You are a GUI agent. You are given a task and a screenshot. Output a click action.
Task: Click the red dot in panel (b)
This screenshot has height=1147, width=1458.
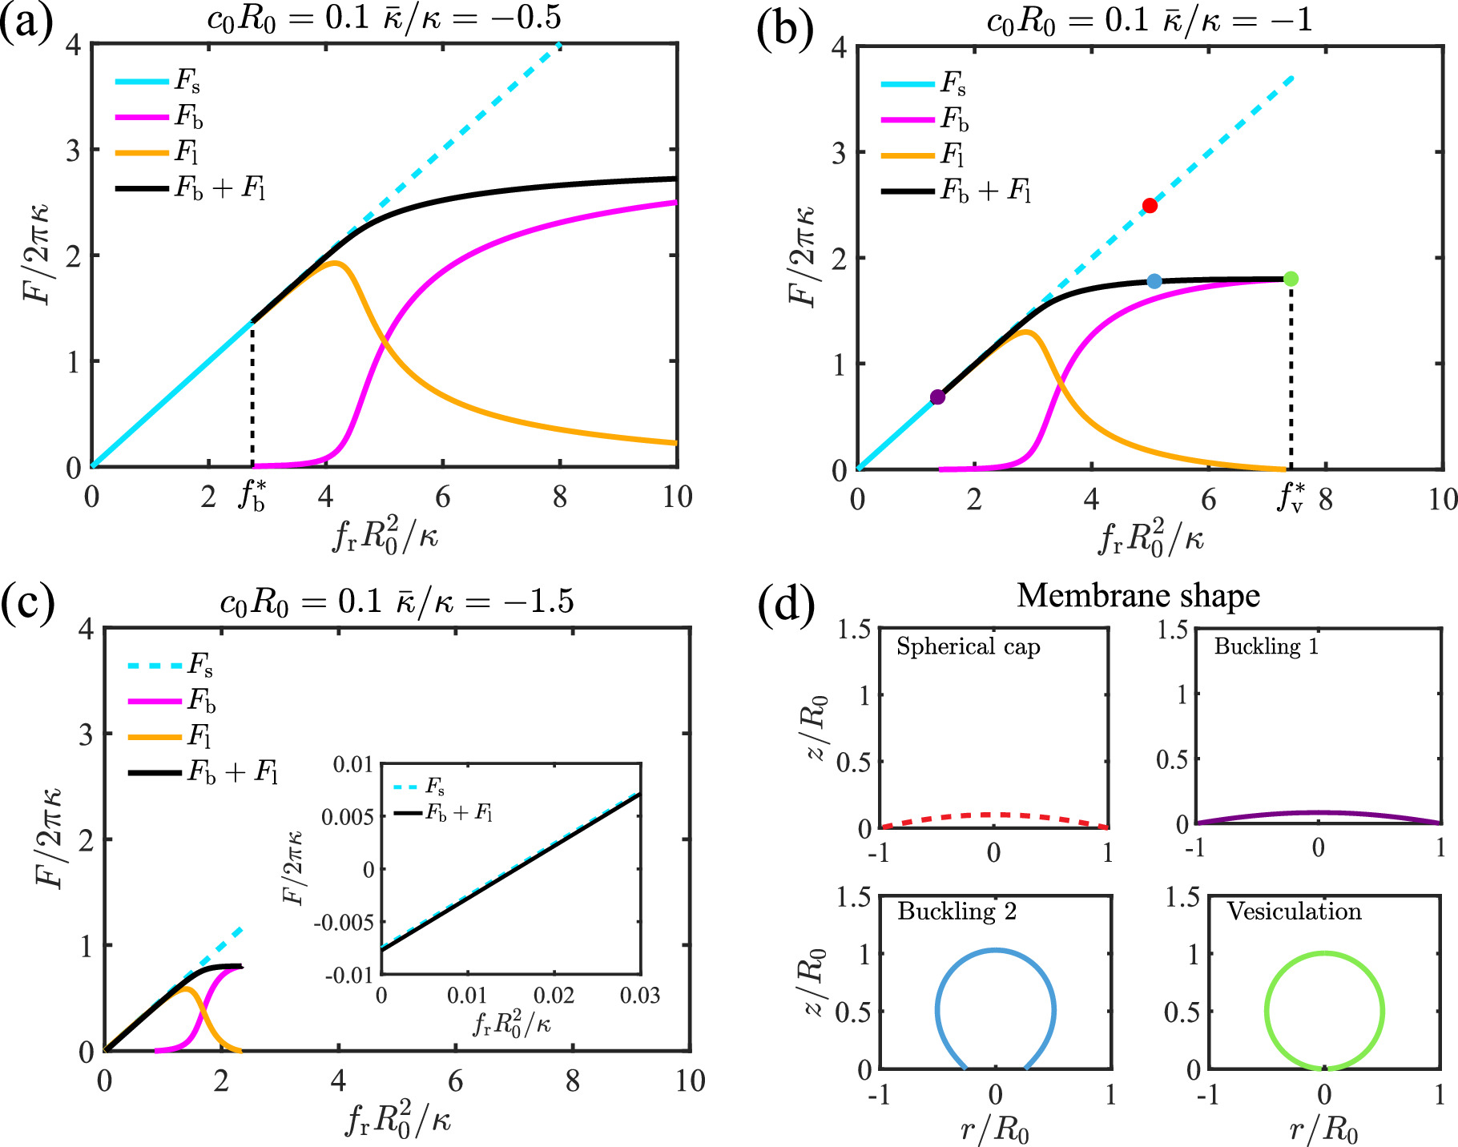[1150, 206]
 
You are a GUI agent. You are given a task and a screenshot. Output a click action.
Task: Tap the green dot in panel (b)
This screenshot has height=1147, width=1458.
[1291, 279]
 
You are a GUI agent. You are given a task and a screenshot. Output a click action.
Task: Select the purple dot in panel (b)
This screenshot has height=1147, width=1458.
[937, 397]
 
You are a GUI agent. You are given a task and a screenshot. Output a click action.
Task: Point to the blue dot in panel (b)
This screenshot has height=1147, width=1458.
[1154, 281]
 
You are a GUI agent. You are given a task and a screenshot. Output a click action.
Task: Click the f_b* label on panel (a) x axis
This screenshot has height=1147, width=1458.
[252, 497]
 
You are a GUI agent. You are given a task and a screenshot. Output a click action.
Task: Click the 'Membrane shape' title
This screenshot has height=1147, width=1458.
[1138, 596]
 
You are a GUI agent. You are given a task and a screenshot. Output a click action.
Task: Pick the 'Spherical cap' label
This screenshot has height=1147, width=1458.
[968, 646]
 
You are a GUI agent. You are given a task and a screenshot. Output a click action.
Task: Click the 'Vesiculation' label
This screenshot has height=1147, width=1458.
[1294, 912]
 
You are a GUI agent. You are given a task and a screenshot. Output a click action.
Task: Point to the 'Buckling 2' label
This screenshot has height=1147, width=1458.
[957, 912]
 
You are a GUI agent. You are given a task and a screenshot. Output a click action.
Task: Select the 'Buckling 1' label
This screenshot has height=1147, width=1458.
[1266, 646]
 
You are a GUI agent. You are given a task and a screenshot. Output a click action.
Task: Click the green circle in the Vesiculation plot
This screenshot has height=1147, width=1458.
[1266, 1011]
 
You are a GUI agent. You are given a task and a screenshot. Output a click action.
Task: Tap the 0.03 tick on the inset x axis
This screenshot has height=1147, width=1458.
[640, 996]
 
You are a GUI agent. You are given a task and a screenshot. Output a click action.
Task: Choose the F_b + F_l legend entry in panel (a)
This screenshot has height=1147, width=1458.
[191, 189]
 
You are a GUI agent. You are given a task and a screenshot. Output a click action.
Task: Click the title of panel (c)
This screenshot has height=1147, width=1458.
[397, 602]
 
